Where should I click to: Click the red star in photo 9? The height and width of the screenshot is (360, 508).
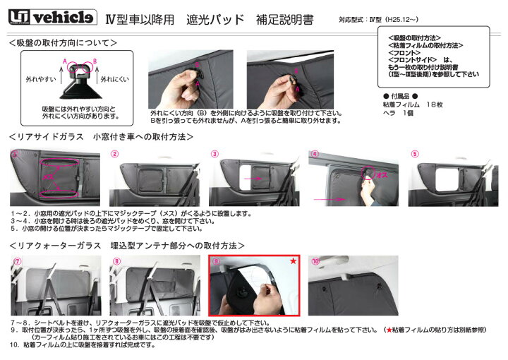tap(293, 261)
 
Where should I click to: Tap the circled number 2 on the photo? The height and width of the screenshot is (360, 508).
tap(114, 153)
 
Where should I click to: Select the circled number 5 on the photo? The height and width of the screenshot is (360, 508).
tap(415, 153)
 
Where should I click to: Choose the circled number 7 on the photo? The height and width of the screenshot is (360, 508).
tap(16, 260)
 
